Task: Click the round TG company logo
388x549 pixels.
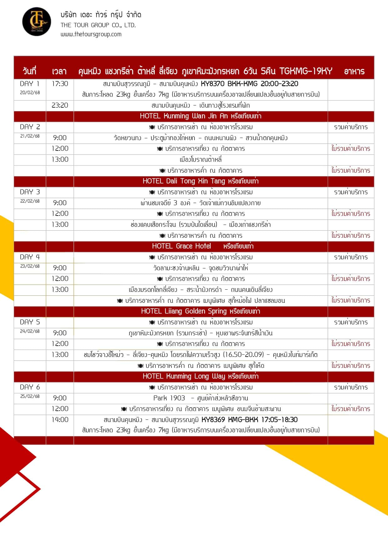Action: click(x=37, y=22)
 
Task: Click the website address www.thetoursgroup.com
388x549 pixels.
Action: click(x=91, y=34)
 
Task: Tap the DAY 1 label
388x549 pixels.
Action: click(x=30, y=84)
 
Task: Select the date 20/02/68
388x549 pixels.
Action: click(x=30, y=93)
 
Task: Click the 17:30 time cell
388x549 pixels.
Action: click(x=60, y=84)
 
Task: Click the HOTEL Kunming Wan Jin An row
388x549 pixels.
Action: click(x=200, y=116)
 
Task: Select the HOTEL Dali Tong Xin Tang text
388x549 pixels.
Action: click(x=200, y=181)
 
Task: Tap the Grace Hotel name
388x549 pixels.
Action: click(x=193, y=246)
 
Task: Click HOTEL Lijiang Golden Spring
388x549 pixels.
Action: click(x=200, y=311)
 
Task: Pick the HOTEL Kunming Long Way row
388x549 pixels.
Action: click(x=200, y=376)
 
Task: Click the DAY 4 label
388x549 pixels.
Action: click(x=30, y=257)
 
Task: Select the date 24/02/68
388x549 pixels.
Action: click(x=30, y=331)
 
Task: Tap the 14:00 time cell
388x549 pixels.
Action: click(x=60, y=419)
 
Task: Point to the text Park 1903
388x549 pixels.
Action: click(x=169, y=398)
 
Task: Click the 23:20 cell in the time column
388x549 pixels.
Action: click(x=60, y=105)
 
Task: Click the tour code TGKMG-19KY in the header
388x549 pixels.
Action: click(x=306, y=71)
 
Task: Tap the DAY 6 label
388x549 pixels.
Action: click(x=30, y=387)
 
